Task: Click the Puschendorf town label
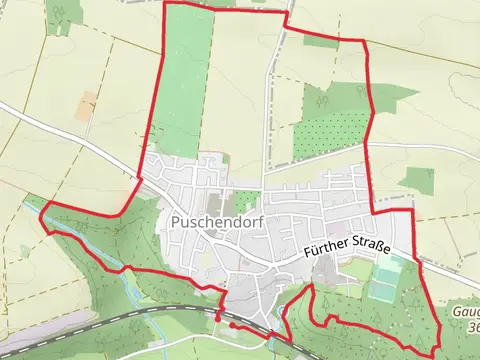click(217, 223)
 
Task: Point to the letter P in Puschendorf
click(176, 223)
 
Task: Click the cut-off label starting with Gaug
click(466, 312)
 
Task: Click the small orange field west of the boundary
click(87, 102)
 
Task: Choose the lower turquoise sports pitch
click(381, 292)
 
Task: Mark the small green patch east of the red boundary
click(416, 179)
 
